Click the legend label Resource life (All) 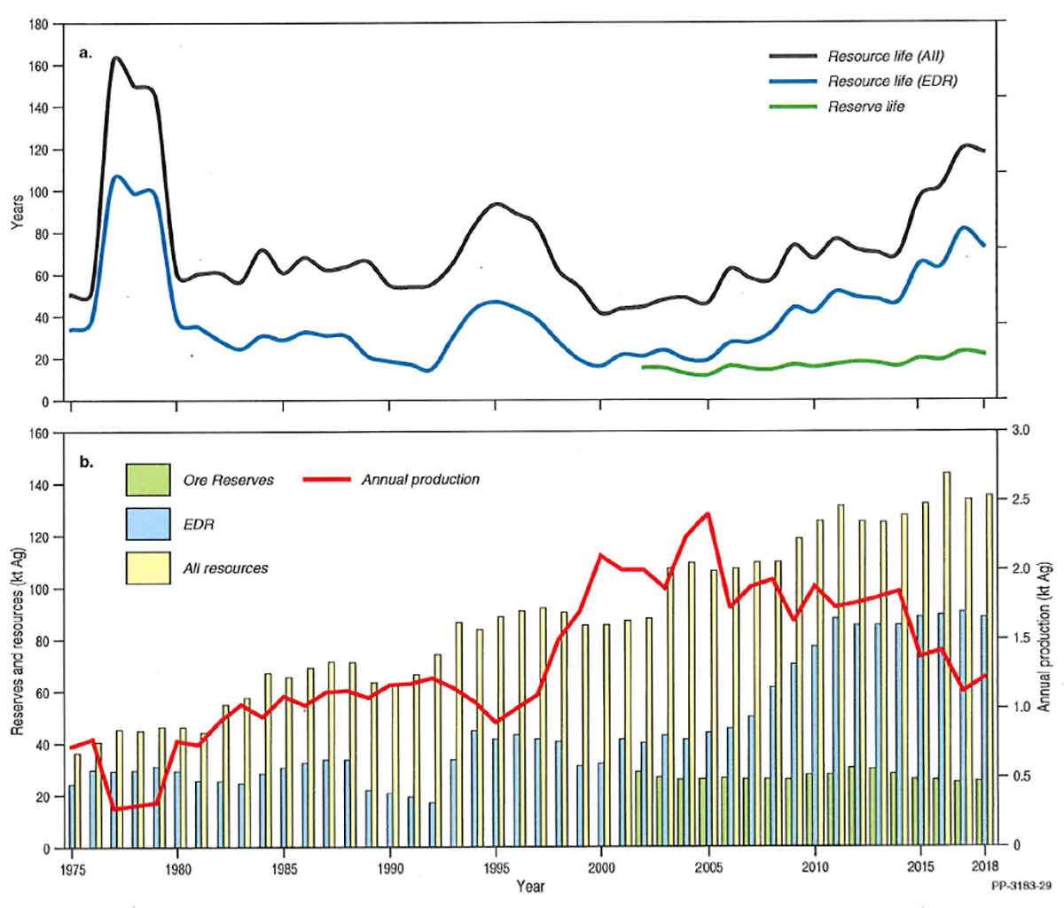coord(885,56)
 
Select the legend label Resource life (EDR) coord(892,81)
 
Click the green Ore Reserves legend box coord(148,480)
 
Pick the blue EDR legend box coord(148,524)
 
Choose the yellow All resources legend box coord(148,567)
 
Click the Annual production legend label coord(420,480)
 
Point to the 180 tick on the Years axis coord(37,24)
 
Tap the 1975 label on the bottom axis coord(71,866)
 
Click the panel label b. coord(86,462)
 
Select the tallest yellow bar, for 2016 coord(947,661)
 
